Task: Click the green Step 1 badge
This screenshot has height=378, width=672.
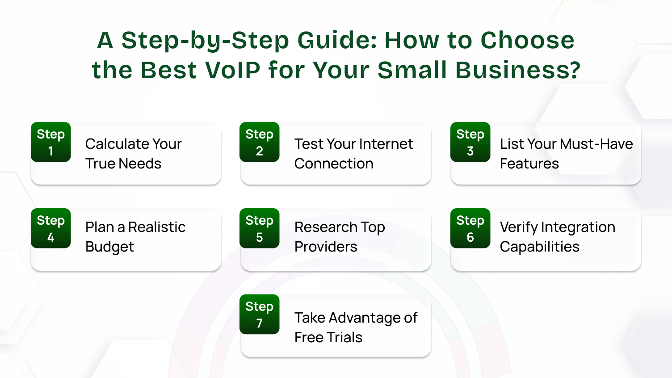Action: pos(50,142)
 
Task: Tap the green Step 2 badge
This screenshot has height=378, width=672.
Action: pos(259,142)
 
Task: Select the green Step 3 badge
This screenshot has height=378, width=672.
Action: pos(470,142)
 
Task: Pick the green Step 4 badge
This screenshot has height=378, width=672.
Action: pos(50,228)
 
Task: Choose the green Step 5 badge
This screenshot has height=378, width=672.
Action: pos(259,228)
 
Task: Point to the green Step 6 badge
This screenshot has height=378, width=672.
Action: pos(470,228)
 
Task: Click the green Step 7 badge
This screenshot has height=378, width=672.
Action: pos(259,315)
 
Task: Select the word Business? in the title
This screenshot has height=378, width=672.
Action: pos(518,70)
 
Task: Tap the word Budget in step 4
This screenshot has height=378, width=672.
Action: pos(109,247)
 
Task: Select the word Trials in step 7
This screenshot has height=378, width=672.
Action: pos(344,337)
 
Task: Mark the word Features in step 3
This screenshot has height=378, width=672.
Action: pos(529,164)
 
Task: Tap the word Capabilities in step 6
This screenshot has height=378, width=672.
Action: pos(539,247)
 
